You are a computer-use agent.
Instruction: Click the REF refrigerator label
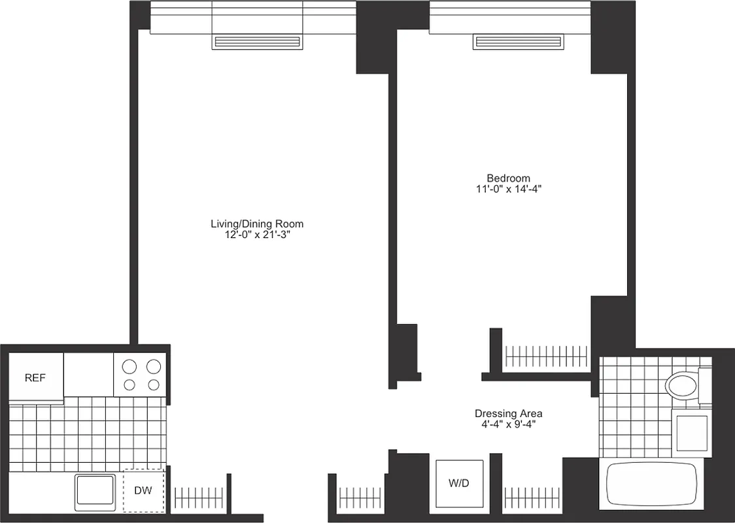pos(35,378)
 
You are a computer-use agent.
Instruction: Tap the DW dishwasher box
pos(143,490)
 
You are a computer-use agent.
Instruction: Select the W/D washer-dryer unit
pos(460,484)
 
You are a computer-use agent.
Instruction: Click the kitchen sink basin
pos(96,491)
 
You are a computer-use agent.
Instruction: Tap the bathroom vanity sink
pos(692,432)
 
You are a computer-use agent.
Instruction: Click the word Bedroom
pos(508,178)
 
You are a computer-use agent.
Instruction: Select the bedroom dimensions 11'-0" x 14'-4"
pos(508,190)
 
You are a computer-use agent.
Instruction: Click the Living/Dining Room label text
pos(257,224)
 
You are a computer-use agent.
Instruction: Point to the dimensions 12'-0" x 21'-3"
pos(257,235)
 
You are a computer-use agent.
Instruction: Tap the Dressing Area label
pos(508,414)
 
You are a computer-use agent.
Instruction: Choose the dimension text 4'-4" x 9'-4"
pos(508,425)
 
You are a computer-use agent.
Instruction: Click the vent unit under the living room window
pos(258,42)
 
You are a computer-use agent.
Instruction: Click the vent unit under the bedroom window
pos(519,42)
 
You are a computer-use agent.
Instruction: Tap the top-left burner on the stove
pos(129,366)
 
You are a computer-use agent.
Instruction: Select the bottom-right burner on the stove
pos(154,384)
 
